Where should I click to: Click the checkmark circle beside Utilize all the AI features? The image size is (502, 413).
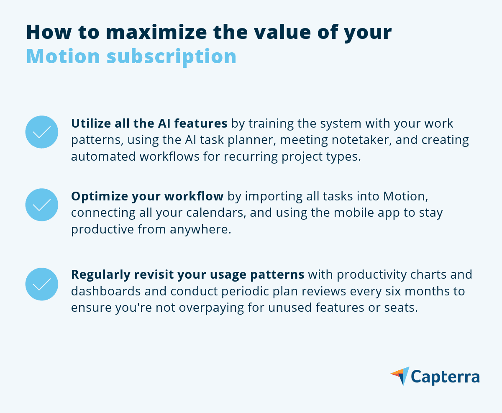[x=42, y=132]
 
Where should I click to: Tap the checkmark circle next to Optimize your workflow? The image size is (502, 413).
[x=42, y=205]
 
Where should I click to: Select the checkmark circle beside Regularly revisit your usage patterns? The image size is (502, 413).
[x=42, y=284]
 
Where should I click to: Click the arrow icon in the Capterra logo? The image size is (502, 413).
[x=400, y=376]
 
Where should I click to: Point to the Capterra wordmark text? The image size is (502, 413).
[x=445, y=377]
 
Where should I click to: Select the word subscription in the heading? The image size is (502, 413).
[x=171, y=56]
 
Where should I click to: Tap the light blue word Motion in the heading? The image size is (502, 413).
[x=63, y=56]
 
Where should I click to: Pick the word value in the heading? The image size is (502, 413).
[x=280, y=33]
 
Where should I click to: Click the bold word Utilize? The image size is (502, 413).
[x=89, y=123]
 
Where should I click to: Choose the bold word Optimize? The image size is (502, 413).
[x=94, y=196]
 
